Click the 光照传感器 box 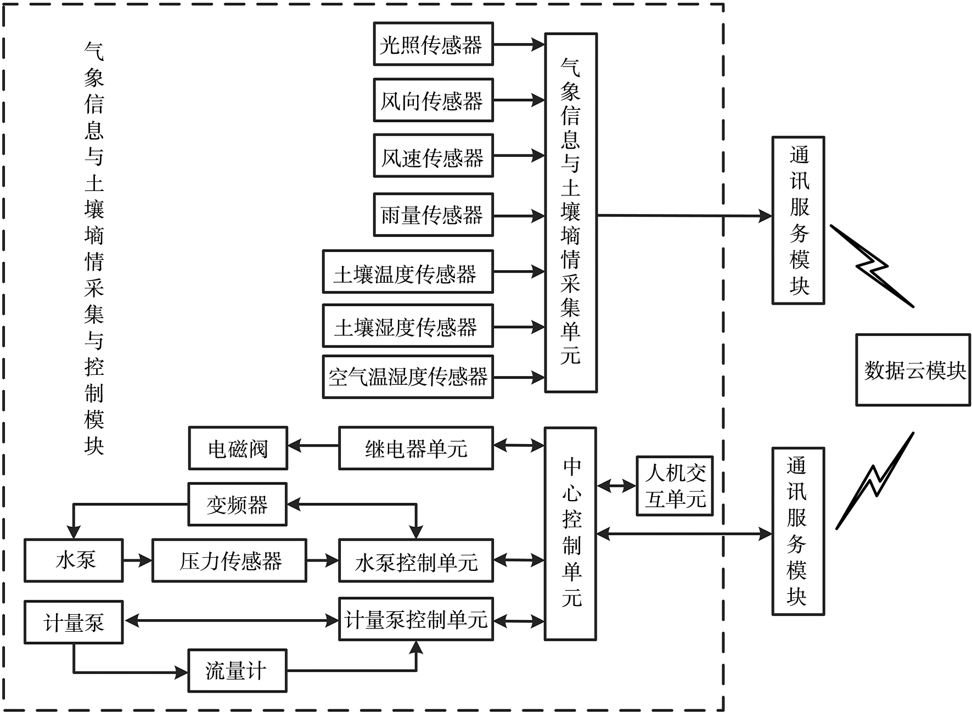point(433,44)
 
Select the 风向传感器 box point(433,100)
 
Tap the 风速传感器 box point(433,156)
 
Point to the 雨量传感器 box point(433,215)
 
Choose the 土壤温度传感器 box point(407,272)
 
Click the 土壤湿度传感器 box point(407,326)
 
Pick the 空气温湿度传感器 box point(407,377)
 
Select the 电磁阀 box point(238,448)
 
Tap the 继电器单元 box point(415,448)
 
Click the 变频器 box point(237,504)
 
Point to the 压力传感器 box point(229,560)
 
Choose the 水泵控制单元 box point(415,561)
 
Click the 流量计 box point(237,671)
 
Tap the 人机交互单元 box point(674,486)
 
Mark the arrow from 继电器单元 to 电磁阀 point(313,446)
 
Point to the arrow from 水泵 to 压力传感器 point(137,560)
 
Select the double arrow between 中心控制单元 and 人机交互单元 point(616,486)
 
